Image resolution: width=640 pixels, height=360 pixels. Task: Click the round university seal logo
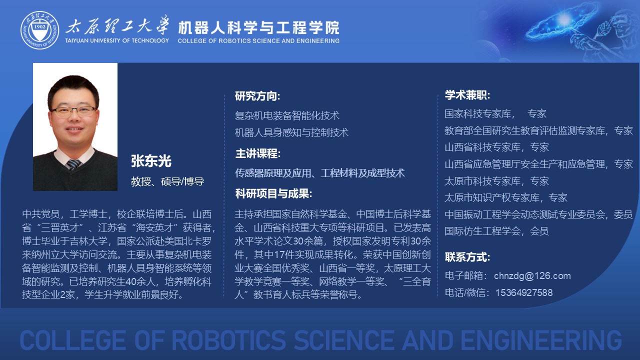coord(40,30)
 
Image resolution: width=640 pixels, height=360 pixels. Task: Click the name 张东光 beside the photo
coord(151,161)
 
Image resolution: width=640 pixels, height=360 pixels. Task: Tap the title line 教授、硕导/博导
coord(167,181)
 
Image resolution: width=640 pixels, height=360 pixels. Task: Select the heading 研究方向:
coord(257,96)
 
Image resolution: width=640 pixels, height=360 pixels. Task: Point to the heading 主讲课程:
coord(257,153)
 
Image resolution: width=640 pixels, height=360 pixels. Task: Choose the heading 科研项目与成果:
coord(273,193)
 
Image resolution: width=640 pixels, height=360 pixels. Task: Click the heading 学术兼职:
coord(467,95)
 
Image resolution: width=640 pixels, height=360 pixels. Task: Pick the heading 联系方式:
coord(467,257)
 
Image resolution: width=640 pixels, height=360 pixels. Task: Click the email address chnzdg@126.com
coord(532,275)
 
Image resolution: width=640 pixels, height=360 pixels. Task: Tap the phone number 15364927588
coord(524,292)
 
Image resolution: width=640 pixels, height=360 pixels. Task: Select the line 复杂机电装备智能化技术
coord(287,115)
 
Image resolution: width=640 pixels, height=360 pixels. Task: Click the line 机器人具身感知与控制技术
coord(291,132)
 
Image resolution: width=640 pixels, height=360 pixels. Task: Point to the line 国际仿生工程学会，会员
coord(496,231)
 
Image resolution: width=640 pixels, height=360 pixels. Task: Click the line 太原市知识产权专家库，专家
coord(506,197)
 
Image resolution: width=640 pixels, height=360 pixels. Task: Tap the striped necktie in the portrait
coord(73,164)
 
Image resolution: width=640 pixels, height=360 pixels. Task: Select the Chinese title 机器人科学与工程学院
coord(258,27)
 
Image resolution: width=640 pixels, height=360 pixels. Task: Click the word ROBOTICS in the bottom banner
coord(228,340)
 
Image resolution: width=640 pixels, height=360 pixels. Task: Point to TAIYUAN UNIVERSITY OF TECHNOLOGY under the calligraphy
coord(117,40)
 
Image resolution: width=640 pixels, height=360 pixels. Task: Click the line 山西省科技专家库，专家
coord(496,147)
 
